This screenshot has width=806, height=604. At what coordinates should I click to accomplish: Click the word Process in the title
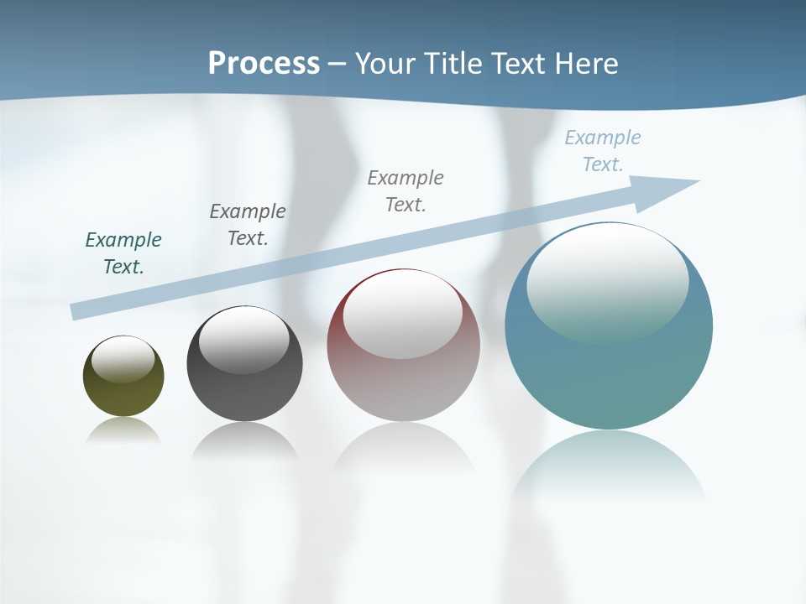(x=264, y=64)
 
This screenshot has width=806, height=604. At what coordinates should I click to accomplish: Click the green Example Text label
(x=123, y=253)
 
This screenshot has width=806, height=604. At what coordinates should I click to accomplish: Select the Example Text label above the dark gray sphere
(x=248, y=225)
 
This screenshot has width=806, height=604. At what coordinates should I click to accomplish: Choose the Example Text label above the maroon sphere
(x=406, y=190)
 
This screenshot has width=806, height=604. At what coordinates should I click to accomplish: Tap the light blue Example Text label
(x=603, y=151)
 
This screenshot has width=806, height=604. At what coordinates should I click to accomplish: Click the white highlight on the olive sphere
(x=123, y=358)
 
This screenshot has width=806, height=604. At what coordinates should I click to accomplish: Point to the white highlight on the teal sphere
(x=607, y=281)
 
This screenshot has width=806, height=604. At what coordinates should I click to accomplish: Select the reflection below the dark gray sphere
(x=244, y=441)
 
